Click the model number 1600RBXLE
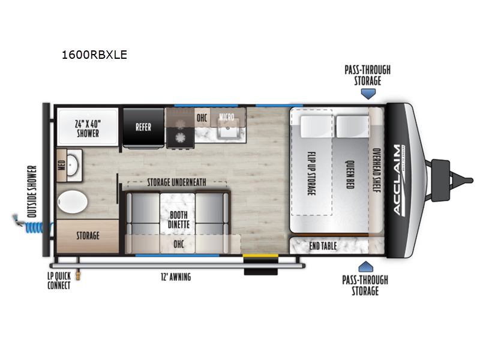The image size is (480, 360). click(x=94, y=55)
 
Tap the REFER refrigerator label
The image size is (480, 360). click(x=143, y=127)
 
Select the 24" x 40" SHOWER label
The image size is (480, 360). click(x=88, y=128)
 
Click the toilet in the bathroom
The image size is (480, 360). click(x=73, y=202)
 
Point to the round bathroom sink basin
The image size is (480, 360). click(x=72, y=165)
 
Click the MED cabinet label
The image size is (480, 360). click(x=62, y=166)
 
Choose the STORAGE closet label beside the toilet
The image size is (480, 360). click(x=88, y=236)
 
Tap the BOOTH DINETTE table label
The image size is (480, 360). click(x=179, y=220)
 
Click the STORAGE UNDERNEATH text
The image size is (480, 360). click(x=176, y=182)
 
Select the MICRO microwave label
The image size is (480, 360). click(x=227, y=117)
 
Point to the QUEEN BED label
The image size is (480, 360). click(x=350, y=175)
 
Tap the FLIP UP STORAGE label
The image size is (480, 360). click(x=311, y=173)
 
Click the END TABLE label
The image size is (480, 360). click(x=323, y=246)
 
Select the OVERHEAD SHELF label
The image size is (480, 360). click(x=376, y=170)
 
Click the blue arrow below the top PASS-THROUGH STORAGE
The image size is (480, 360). click(x=368, y=94)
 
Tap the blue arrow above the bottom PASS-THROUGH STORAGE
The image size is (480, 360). click(x=365, y=266)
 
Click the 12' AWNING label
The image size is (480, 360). click(x=176, y=277)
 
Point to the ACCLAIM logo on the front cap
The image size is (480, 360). click(x=399, y=179)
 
